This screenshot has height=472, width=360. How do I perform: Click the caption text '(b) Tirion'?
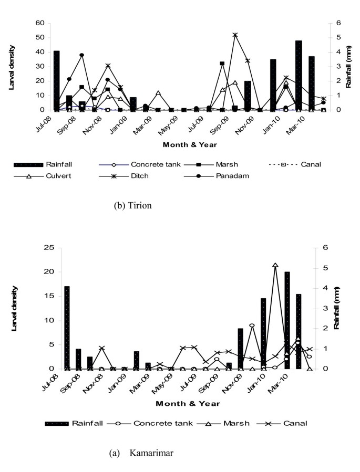point(132,206)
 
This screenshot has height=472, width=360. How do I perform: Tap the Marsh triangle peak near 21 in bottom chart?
point(275,266)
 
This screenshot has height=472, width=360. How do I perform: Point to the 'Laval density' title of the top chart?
point(13,67)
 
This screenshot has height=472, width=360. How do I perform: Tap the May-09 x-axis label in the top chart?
point(167,123)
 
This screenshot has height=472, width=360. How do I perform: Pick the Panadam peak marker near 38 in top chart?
point(82,55)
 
